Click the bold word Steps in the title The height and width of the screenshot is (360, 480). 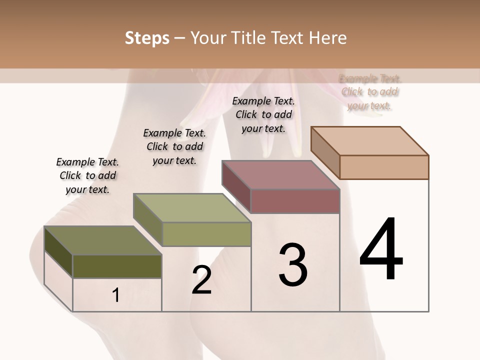(x=147, y=38)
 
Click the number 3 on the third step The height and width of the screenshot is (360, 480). (x=293, y=265)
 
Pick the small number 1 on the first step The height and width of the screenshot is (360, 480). (x=116, y=295)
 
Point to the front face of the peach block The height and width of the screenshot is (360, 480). (x=384, y=167)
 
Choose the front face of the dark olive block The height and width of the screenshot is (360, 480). (x=117, y=266)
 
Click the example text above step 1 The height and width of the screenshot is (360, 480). (x=87, y=175)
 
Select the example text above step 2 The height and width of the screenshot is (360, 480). (x=174, y=146)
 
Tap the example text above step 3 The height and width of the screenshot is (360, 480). (x=263, y=114)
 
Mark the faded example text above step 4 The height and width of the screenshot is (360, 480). (x=370, y=92)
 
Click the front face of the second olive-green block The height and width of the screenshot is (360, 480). (x=206, y=234)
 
